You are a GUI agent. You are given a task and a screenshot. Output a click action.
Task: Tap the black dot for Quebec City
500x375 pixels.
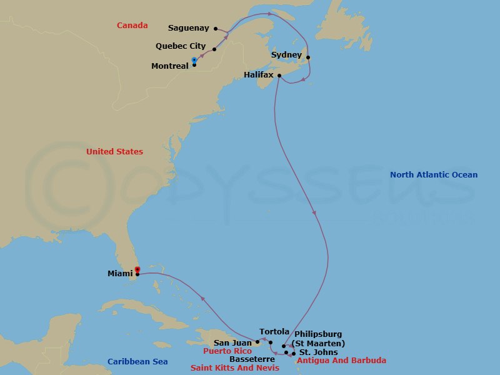coord(214,49)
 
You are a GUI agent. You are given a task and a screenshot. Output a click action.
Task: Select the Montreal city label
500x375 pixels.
coord(170,66)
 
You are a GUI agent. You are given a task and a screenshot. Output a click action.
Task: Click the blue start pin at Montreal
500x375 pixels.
coord(194,60)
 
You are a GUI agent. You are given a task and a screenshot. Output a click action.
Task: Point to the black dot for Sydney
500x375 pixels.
coord(308,57)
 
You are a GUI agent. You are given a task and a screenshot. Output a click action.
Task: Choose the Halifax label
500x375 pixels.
coord(258,75)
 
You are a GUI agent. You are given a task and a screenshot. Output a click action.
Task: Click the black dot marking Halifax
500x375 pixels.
coord(279,76)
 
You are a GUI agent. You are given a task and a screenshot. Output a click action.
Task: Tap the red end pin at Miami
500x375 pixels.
coord(137,269)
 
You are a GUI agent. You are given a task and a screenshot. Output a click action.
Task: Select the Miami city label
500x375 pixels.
coord(120,273)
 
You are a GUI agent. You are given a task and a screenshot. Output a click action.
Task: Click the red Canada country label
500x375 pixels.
coord(132,26)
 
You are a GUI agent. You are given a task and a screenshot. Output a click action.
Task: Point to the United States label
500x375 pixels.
coord(114,152)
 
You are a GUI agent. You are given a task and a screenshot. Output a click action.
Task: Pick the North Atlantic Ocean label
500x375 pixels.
coord(433,175)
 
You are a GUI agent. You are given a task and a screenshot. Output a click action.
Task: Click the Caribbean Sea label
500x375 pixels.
coord(137,362)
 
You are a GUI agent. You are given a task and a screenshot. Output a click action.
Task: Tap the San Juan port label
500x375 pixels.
coord(232,342)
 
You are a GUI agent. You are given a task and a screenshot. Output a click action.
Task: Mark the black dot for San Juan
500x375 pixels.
coord(257,342)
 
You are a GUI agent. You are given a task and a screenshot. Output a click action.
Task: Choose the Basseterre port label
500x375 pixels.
coord(252,359)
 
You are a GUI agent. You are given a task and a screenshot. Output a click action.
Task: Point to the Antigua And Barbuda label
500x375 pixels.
coord(341,361)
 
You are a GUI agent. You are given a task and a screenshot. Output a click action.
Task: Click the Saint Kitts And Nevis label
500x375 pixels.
coord(234,368)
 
